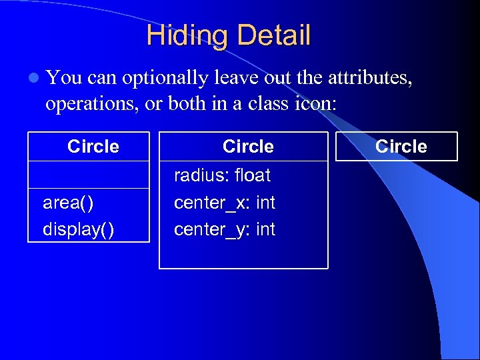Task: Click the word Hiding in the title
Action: point(184,35)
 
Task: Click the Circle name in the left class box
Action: point(93,147)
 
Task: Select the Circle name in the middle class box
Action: point(248,147)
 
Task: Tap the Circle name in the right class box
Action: point(401,147)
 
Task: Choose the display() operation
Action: point(78,229)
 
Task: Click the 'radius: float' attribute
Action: point(222,176)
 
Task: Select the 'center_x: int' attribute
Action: point(225,203)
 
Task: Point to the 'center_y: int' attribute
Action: point(225,229)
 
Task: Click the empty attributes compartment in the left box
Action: point(89,175)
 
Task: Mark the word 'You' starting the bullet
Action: point(64,78)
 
